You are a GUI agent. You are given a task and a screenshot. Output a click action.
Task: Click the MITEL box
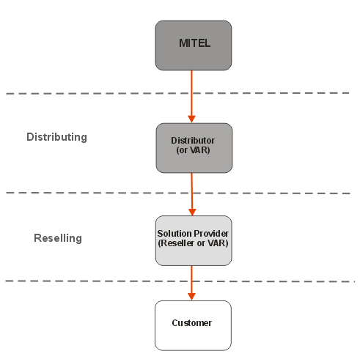point(194,45)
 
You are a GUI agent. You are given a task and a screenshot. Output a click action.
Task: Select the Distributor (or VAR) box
point(194,148)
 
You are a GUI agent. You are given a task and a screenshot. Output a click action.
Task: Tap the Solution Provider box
point(194,240)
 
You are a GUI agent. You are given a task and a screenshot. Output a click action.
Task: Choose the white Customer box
point(193,325)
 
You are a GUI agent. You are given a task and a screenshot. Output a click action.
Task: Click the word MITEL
point(194,43)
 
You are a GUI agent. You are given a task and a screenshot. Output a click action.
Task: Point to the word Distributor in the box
point(193,141)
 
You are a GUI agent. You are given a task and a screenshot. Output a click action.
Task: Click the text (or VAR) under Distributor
point(193,150)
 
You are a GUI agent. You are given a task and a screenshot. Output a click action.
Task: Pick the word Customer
point(192,323)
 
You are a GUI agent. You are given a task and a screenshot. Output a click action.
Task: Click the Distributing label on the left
point(56,137)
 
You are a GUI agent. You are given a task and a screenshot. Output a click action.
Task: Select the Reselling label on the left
point(58,238)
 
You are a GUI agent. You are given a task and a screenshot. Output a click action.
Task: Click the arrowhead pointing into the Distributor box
point(191,119)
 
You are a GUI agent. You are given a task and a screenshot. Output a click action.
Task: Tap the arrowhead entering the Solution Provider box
point(192,212)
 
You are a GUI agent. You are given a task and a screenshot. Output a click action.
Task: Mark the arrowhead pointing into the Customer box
point(191,297)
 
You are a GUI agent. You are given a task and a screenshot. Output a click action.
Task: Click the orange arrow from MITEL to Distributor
point(191,97)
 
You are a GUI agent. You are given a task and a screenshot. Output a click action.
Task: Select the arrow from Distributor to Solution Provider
point(192,194)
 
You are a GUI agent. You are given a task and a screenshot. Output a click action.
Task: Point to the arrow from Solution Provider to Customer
point(191,283)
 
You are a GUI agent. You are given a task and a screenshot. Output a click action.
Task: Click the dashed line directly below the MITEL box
point(177,93)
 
